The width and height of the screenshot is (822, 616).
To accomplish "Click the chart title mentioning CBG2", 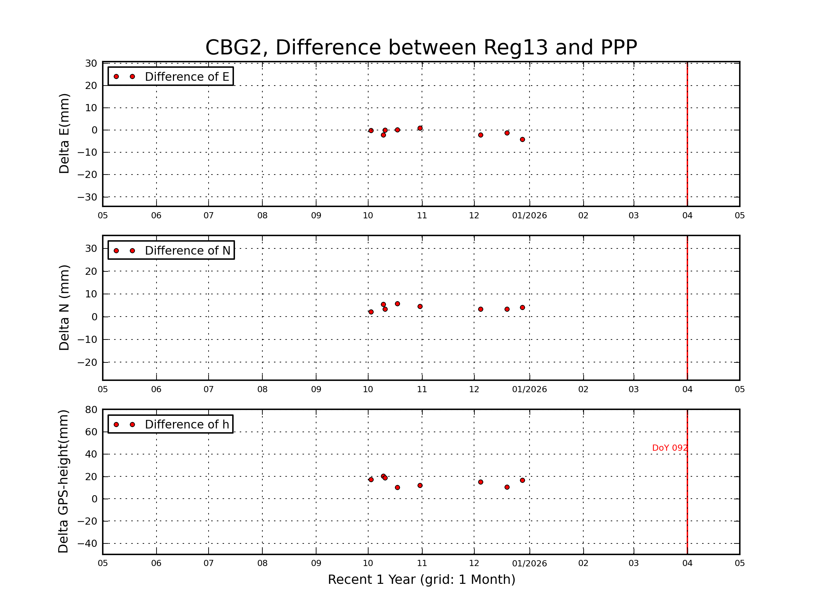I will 421,48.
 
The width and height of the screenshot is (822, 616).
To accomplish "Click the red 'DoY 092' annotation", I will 670,448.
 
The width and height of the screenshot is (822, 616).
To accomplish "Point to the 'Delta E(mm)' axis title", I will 64,134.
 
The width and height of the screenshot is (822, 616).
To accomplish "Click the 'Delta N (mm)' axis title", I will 64,307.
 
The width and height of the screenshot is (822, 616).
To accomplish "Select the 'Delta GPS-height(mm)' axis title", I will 63,482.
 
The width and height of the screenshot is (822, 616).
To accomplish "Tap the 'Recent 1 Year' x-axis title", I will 421,580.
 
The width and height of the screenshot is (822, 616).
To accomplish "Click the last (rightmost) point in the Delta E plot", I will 522,140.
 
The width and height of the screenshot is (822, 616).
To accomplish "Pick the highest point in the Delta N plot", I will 397,304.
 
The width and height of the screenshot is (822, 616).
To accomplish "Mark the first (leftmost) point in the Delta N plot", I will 371,312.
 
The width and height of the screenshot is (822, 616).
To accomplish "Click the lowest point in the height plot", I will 397,488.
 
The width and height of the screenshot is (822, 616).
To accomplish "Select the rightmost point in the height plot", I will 522,480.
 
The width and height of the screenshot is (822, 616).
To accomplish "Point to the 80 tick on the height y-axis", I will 91,410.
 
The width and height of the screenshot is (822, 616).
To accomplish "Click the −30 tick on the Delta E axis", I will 87,197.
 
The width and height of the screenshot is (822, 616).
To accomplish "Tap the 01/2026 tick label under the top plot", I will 529,216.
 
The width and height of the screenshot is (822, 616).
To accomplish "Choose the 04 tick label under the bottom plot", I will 687,563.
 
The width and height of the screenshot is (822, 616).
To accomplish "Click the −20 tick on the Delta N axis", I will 87,362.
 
